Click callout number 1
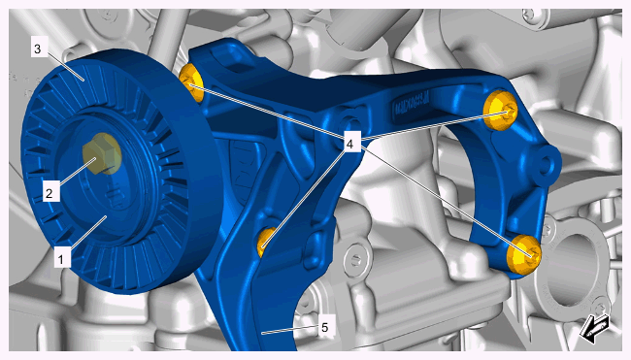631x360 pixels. [61, 258]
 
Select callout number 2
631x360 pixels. [50, 193]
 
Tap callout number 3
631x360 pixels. [38, 49]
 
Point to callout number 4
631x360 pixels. [349, 144]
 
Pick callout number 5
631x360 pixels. [325, 328]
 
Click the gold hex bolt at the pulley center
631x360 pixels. [102, 153]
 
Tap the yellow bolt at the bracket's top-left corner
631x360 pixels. [190, 82]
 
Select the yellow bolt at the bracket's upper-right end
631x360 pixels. [500, 111]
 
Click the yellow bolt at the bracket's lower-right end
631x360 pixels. [523, 255]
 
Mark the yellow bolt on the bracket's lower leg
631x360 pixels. [266, 242]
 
